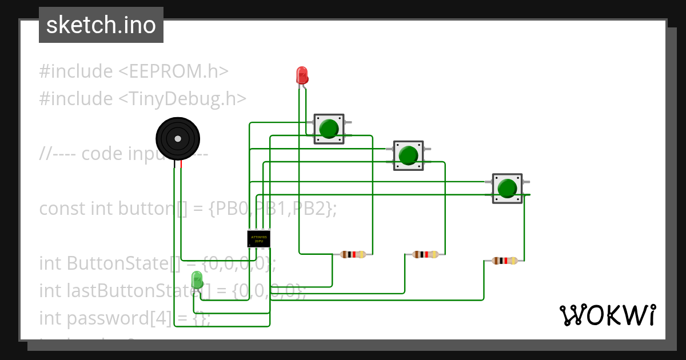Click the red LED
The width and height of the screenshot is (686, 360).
pos(302,75)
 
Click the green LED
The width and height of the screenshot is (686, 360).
pos(197,280)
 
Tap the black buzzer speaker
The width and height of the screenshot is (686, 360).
pos(178,139)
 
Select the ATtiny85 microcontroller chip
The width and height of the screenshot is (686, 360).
pos(258,238)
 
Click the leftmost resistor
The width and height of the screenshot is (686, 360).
pos(353,254)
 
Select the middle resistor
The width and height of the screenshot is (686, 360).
pos(425,254)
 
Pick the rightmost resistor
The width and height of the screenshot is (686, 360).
pos(505,261)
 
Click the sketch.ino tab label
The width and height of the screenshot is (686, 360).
pos(101,25)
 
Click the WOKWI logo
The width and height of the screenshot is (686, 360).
pos(607,315)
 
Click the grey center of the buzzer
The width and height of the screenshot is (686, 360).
pos(178,139)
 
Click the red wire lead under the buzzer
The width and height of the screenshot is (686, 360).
pos(181,165)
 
